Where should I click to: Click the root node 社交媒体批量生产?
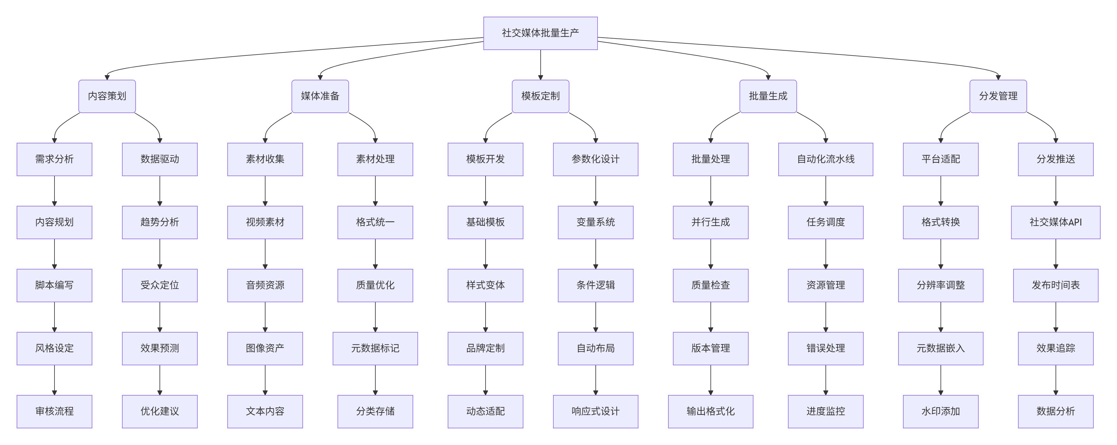click(x=540, y=33)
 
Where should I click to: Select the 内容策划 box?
click(x=107, y=96)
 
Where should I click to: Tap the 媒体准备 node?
click(x=320, y=96)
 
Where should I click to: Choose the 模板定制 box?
click(x=540, y=96)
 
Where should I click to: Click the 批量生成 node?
click(x=768, y=96)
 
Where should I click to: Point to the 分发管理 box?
click(x=998, y=96)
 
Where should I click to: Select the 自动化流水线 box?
click(x=825, y=159)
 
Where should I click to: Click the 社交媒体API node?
click(x=1056, y=222)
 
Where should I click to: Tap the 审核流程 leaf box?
click(x=54, y=411)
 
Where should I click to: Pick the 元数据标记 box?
click(x=375, y=348)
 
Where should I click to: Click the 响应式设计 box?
click(x=595, y=411)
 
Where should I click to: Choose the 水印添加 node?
click(x=941, y=411)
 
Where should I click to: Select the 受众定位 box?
click(x=160, y=285)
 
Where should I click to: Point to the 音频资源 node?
click(x=265, y=285)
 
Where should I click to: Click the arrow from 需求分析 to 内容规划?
click(x=54, y=191)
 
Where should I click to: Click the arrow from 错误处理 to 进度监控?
click(x=825, y=380)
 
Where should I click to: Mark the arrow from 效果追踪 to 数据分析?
click(x=1056, y=380)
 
